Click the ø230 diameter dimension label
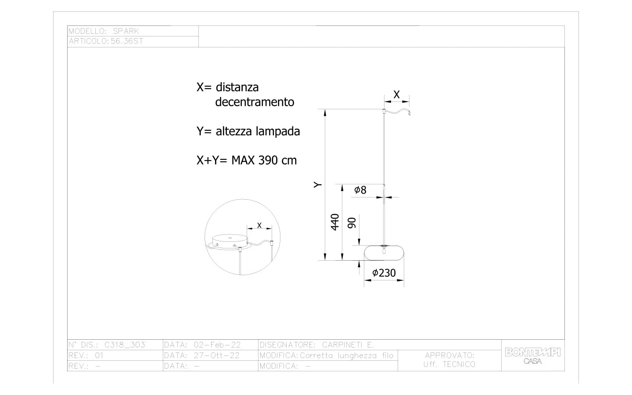[384, 273]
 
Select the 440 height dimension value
[335, 223]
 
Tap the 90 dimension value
[352, 223]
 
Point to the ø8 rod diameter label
[360, 190]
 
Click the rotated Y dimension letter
[318, 185]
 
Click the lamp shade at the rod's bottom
[384, 253]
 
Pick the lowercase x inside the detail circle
[259, 225]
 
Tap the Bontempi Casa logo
[533, 355]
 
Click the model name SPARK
[126, 31]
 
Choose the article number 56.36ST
[127, 41]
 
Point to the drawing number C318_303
[125, 345]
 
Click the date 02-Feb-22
[217, 345]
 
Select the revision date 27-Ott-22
[217, 355]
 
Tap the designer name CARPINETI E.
[348, 345]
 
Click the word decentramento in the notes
[255, 102]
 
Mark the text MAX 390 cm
[264, 160]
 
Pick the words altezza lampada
[258, 131]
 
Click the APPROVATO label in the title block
[450, 355]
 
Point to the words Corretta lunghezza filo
[347, 355]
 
